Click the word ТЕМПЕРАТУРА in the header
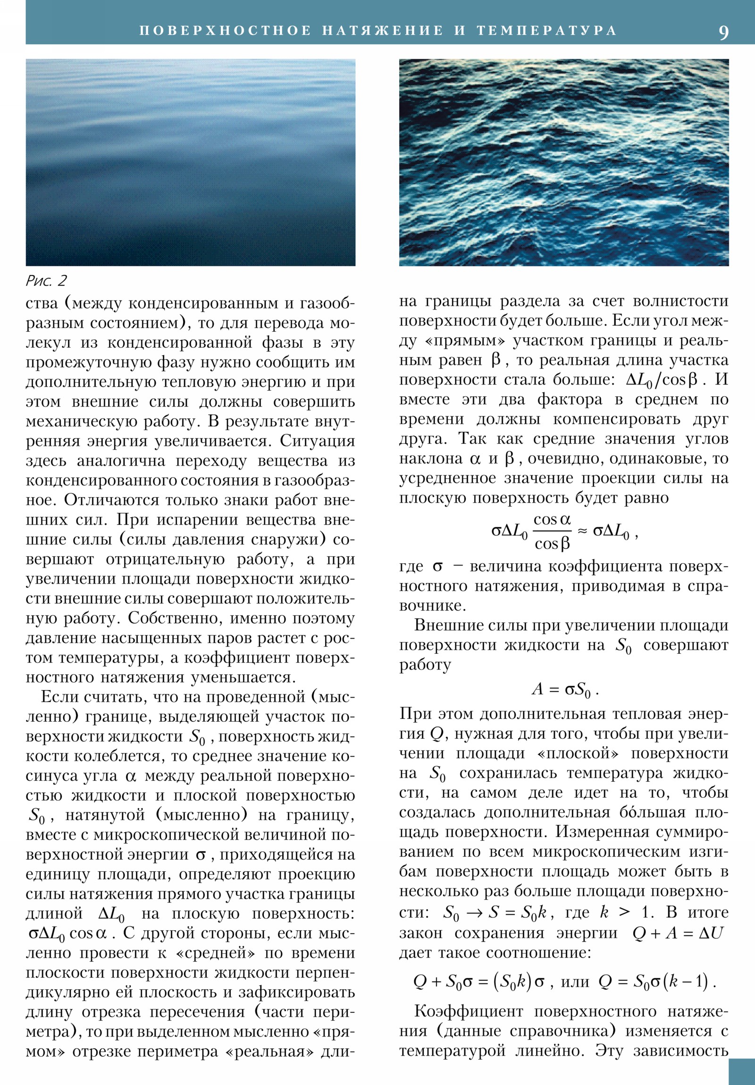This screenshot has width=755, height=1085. coord(547,31)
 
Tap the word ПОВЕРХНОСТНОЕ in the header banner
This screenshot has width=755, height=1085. coord(226,31)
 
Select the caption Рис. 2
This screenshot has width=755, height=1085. coord(46,281)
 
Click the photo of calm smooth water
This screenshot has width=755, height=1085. coord(191,162)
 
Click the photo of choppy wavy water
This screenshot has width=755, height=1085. coord(563,162)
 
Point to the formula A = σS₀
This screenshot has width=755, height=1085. coord(565,690)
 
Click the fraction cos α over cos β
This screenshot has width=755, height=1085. coord(552,532)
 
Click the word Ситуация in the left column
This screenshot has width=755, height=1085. coord(317,441)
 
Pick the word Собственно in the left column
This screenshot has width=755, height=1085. coord(169,618)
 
